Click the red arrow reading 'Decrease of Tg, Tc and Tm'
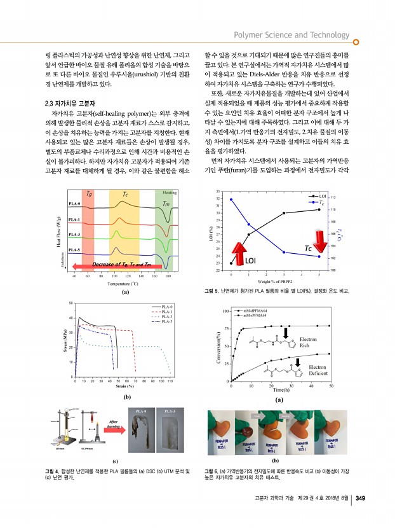point(114,265)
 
